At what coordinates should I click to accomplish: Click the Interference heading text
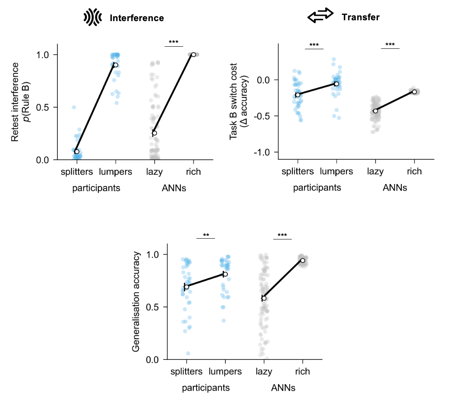[x=137, y=18]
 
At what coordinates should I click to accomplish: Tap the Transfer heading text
[x=360, y=17]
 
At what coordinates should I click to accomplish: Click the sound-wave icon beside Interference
[x=93, y=17]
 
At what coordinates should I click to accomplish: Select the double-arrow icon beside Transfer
[x=320, y=16]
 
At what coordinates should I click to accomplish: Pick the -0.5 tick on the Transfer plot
[x=265, y=116]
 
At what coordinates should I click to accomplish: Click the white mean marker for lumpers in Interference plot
[x=116, y=65]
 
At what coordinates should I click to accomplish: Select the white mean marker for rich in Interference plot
[x=193, y=55]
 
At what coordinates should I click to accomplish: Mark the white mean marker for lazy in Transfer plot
[x=375, y=111]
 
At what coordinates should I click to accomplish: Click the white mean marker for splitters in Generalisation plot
[x=187, y=287]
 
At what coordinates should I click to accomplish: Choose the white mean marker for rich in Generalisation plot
[x=303, y=260]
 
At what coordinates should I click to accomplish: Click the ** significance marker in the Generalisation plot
[x=206, y=235]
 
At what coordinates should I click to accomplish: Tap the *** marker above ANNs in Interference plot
[x=173, y=42]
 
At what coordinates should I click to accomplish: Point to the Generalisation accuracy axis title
[x=137, y=302]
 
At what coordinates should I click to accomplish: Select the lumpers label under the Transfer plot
[x=336, y=171]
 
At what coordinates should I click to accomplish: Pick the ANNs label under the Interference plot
[x=174, y=188]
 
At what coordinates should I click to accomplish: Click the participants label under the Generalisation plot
[x=206, y=388]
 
